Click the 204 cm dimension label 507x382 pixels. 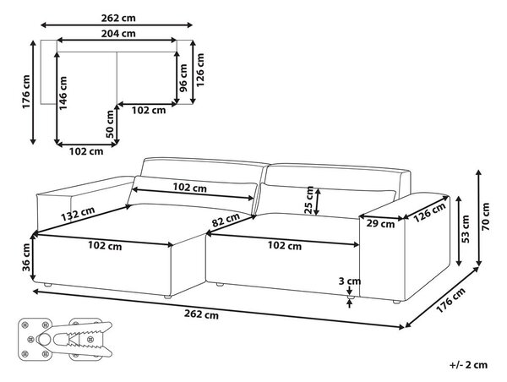tap(118, 34)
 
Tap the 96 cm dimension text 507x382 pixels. tap(183, 78)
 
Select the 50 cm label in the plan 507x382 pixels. tap(110, 124)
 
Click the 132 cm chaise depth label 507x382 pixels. tap(78, 214)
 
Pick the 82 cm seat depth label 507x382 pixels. tap(226, 220)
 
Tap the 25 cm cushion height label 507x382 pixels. tap(309, 200)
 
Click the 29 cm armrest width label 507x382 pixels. tap(380, 223)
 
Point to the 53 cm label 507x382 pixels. tap(466, 229)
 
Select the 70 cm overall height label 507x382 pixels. tap(486, 216)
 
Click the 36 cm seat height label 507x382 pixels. tap(26, 257)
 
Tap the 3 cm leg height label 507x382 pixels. tap(349, 281)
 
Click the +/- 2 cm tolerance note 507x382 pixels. tap(468, 365)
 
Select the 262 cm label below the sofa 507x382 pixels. tap(201, 314)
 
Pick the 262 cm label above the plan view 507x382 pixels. tap(118, 18)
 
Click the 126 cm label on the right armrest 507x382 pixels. tap(430, 212)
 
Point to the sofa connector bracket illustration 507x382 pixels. tap(65, 339)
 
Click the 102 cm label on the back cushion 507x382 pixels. tap(190, 188)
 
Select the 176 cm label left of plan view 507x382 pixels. tap(26, 92)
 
